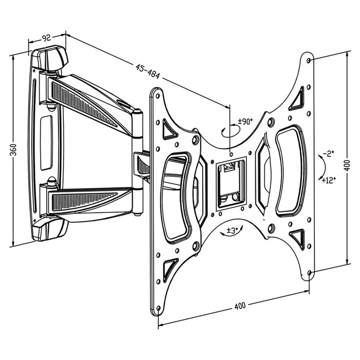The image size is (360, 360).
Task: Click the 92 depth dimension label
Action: tap(47, 37)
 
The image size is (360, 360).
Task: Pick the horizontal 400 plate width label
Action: tap(239, 306)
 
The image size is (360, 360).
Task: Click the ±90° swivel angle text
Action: tap(245, 122)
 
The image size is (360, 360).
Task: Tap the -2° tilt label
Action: tap(329, 153)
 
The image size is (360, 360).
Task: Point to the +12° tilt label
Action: tap(329, 179)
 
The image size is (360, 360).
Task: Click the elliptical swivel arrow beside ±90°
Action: tap(229, 131)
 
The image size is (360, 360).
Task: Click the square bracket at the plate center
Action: tap(230, 183)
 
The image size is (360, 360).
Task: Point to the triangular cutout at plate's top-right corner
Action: tap(297, 101)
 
